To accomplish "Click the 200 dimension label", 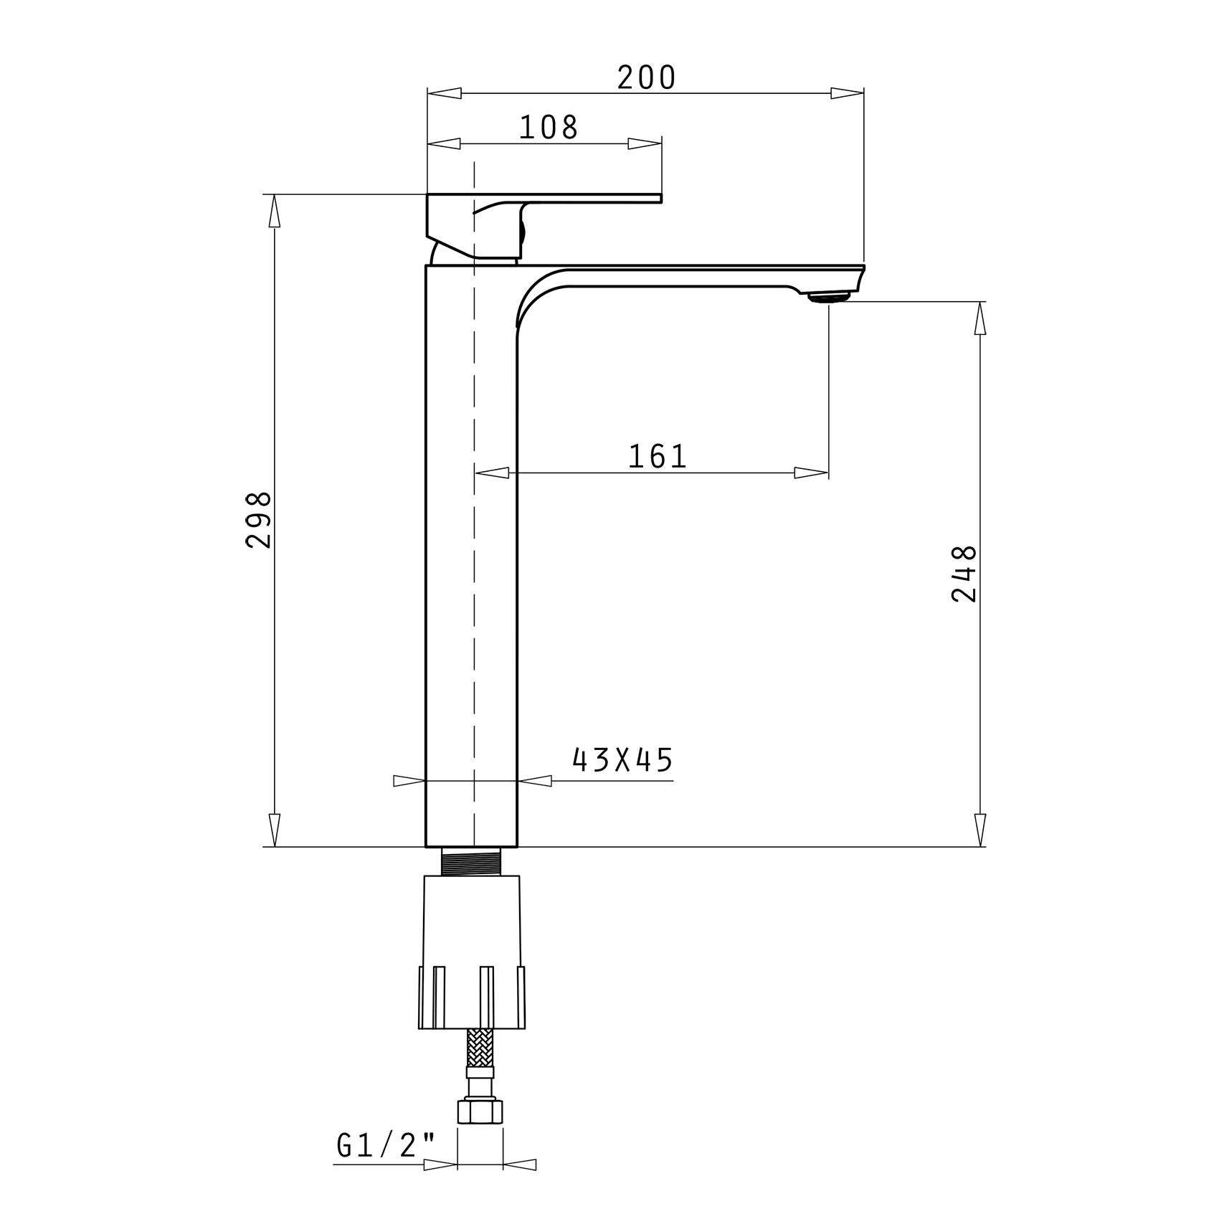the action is (x=646, y=77).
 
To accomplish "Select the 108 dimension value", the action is (x=549, y=128).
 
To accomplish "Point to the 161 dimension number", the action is (x=658, y=456).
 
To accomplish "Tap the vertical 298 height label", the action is (x=258, y=519).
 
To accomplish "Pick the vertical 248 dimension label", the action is (x=964, y=574).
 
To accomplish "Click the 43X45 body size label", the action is (x=622, y=760).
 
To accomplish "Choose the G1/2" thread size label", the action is (x=386, y=1145).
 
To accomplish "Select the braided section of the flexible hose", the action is (x=480, y=1048).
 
